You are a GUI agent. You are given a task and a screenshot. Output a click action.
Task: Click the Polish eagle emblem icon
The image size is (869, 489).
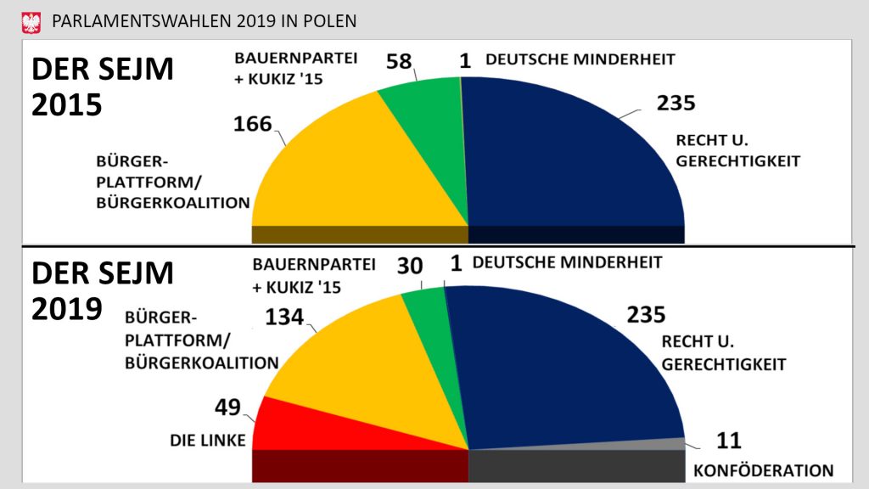(x=31, y=20)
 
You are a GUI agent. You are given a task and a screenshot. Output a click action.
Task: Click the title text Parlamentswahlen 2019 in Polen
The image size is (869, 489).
(x=205, y=20)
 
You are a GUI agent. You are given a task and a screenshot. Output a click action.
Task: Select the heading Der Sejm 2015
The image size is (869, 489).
(x=102, y=87)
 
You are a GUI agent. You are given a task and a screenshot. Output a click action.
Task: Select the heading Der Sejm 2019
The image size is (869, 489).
(x=102, y=290)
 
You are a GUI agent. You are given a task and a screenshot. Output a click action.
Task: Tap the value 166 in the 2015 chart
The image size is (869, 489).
(x=253, y=125)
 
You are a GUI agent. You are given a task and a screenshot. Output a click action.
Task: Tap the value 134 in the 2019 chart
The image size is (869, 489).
(x=285, y=318)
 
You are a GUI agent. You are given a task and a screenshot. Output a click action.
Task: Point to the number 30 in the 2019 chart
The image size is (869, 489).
(x=410, y=266)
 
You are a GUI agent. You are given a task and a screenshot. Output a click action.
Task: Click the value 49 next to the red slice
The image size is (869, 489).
(x=227, y=407)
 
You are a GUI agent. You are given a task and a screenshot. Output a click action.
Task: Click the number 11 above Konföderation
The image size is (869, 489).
(x=728, y=441)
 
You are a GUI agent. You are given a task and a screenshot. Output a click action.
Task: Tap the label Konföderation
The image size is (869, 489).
(x=764, y=470)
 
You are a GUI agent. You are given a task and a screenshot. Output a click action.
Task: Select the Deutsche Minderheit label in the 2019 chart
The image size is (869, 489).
(x=567, y=262)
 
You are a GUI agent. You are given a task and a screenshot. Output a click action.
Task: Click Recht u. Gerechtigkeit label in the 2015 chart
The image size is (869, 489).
(x=737, y=150)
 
